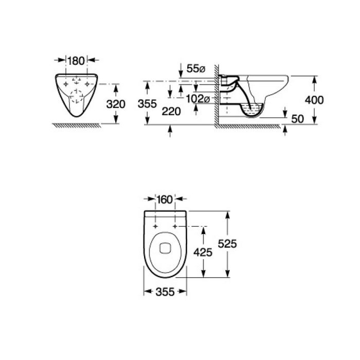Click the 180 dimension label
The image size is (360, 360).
(x=76, y=61)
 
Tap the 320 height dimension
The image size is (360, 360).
(x=116, y=104)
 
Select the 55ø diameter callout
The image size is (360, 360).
(x=196, y=68)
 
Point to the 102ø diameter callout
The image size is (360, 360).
(x=197, y=99)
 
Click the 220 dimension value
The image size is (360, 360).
(x=171, y=112)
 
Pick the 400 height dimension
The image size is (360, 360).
(x=314, y=100)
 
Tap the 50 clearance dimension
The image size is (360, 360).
(x=297, y=119)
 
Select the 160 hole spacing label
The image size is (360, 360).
(x=165, y=200)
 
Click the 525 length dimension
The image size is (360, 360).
(x=227, y=244)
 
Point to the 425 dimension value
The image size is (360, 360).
(x=203, y=253)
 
